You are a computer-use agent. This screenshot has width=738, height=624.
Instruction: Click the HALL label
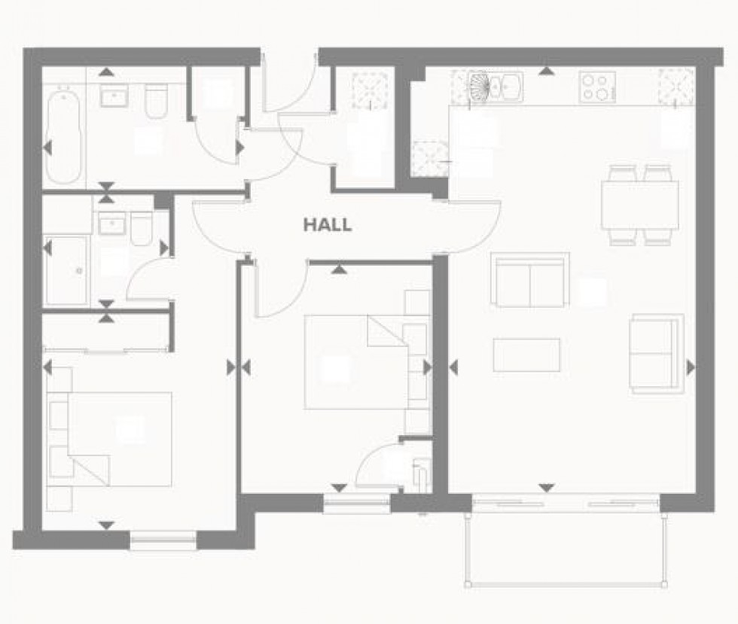327,224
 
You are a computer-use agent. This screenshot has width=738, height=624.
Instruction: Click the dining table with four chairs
639,205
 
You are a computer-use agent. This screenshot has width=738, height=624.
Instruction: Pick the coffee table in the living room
526,355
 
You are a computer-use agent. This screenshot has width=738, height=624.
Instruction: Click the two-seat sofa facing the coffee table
529,281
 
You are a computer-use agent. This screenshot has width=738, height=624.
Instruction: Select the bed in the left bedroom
113,437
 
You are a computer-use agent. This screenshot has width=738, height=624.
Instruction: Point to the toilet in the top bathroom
156,101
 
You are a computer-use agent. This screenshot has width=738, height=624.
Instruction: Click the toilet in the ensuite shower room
141,228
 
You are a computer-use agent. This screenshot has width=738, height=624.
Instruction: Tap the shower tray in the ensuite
66,269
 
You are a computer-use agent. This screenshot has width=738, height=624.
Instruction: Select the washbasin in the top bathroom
113,96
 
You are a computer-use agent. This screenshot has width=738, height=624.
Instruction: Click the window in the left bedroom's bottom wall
163,539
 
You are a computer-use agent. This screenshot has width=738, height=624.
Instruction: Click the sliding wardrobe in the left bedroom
105,332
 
